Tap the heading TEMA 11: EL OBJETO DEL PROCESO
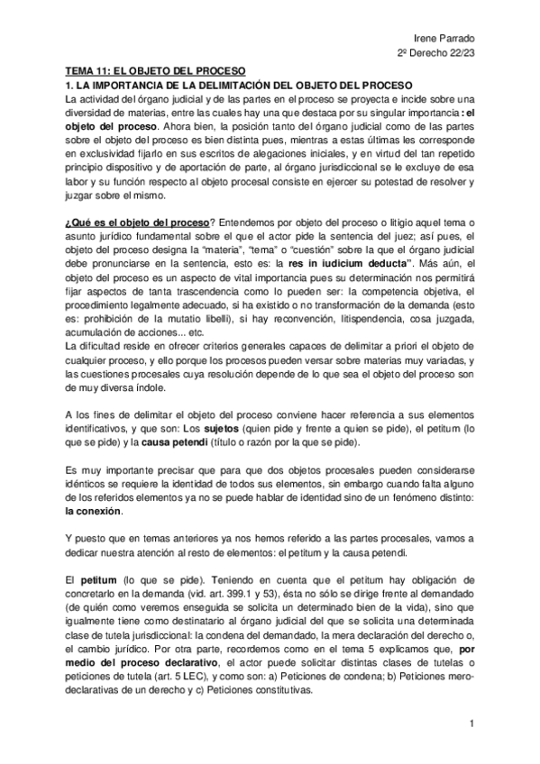tap(155, 70)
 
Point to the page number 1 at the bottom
tap(471, 723)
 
